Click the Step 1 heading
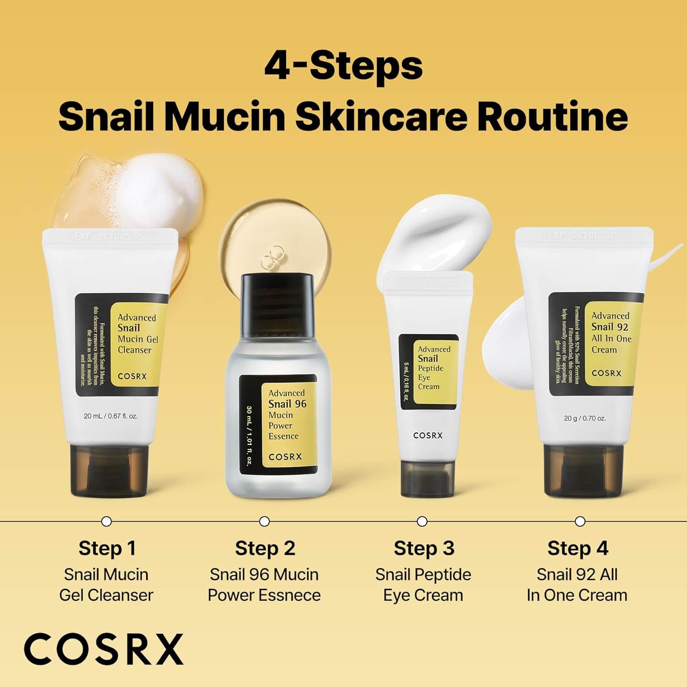point(107,548)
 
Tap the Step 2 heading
point(265,548)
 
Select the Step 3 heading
point(424,548)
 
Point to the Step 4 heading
point(578,548)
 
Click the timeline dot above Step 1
point(106,521)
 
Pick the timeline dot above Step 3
point(422,521)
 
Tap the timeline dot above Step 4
point(580,521)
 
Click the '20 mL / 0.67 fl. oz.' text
point(111,416)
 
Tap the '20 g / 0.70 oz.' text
point(584,418)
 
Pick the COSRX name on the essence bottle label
point(285,456)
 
